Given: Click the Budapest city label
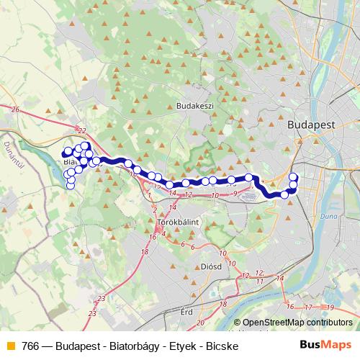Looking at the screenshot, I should [311, 124].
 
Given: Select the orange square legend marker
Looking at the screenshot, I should [10, 344].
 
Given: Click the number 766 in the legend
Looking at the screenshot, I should [30, 344].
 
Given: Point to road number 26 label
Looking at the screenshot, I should [14, 109].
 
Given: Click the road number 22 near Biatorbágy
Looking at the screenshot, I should [81, 130].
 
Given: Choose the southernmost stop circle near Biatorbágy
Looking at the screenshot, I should [71, 186].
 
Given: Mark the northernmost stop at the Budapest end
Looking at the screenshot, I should [293, 177].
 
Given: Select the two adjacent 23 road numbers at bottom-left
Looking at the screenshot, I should [96, 306].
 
